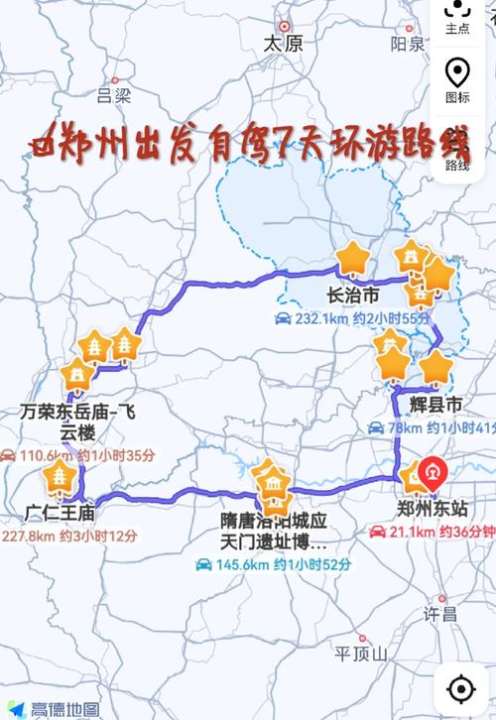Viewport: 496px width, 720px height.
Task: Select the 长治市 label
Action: (352, 296)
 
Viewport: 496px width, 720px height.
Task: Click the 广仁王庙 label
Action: (61, 513)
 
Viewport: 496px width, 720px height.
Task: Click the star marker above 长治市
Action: (351, 259)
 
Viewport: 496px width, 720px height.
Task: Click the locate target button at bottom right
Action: (460, 687)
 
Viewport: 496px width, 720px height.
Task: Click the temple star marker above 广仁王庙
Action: (61, 479)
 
